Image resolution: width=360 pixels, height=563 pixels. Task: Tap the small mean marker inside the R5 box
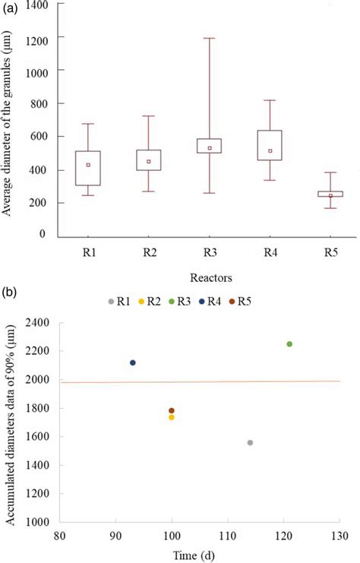(331, 195)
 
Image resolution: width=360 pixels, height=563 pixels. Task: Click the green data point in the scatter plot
(289, 344)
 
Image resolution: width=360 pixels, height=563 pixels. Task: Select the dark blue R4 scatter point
(133, 362)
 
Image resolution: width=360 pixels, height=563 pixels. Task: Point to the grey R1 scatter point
(250, 442)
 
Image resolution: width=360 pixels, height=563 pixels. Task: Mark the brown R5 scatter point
(172, 410)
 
